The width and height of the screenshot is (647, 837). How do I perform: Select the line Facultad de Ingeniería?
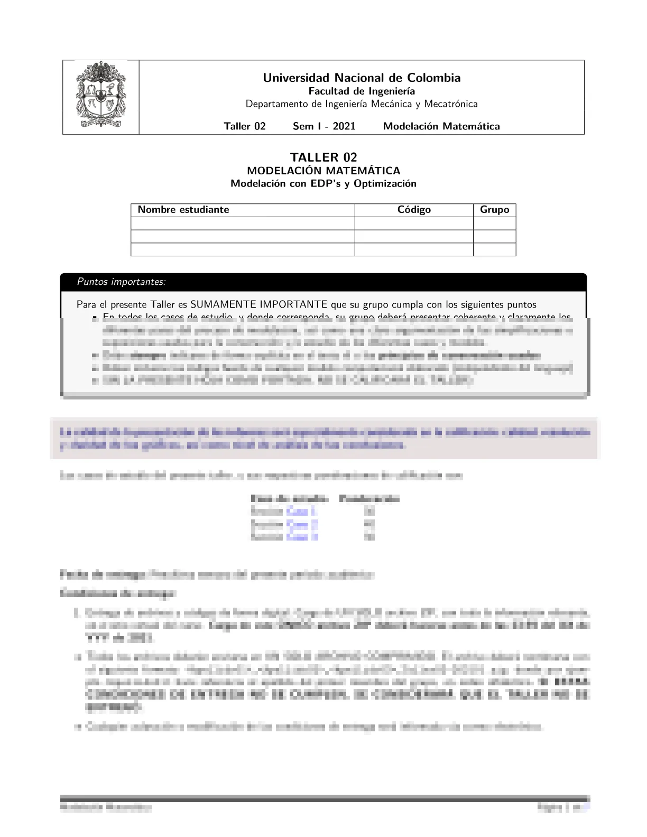[x=362, y=91]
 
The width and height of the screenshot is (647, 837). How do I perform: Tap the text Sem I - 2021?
[x=324, y=126]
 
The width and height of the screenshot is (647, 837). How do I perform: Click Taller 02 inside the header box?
[x=245, y=126]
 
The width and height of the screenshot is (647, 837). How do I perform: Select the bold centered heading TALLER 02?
[x=323, y=157]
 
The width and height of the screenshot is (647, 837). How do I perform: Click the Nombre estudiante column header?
[x=183, y=210]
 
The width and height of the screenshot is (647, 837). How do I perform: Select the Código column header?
[x=414, y=210]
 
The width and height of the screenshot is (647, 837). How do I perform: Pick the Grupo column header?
[x=494, y=210]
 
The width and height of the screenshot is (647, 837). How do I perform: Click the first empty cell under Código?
[x=414, y=224]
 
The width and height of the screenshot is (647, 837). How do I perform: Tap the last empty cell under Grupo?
[x=494, y=249]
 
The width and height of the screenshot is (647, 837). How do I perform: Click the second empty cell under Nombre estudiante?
[x=243, y=237]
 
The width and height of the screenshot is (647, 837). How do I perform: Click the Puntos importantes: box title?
[x=121, y=282]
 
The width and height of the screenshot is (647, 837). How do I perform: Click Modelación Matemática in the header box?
[x=441, y=126]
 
